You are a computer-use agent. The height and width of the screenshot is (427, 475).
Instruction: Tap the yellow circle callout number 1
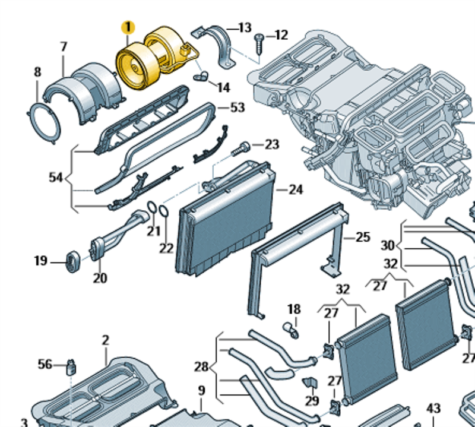[128, 27]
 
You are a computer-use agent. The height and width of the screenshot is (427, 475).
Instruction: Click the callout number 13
[245, 27]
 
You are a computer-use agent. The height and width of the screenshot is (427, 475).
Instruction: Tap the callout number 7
[64, 46]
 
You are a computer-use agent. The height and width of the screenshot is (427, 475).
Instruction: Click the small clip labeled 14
[202, 76]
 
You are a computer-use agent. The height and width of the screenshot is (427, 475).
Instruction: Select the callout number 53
[237, 107]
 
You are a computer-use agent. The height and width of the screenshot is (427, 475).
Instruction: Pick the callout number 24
[295, 190]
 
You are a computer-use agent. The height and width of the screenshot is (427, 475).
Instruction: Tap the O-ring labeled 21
[152, 207]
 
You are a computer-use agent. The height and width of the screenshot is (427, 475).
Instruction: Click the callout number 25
[362, 238]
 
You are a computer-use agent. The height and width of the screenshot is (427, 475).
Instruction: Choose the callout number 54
[56, 177]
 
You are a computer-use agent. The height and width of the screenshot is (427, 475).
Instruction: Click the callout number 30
[387, 245]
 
